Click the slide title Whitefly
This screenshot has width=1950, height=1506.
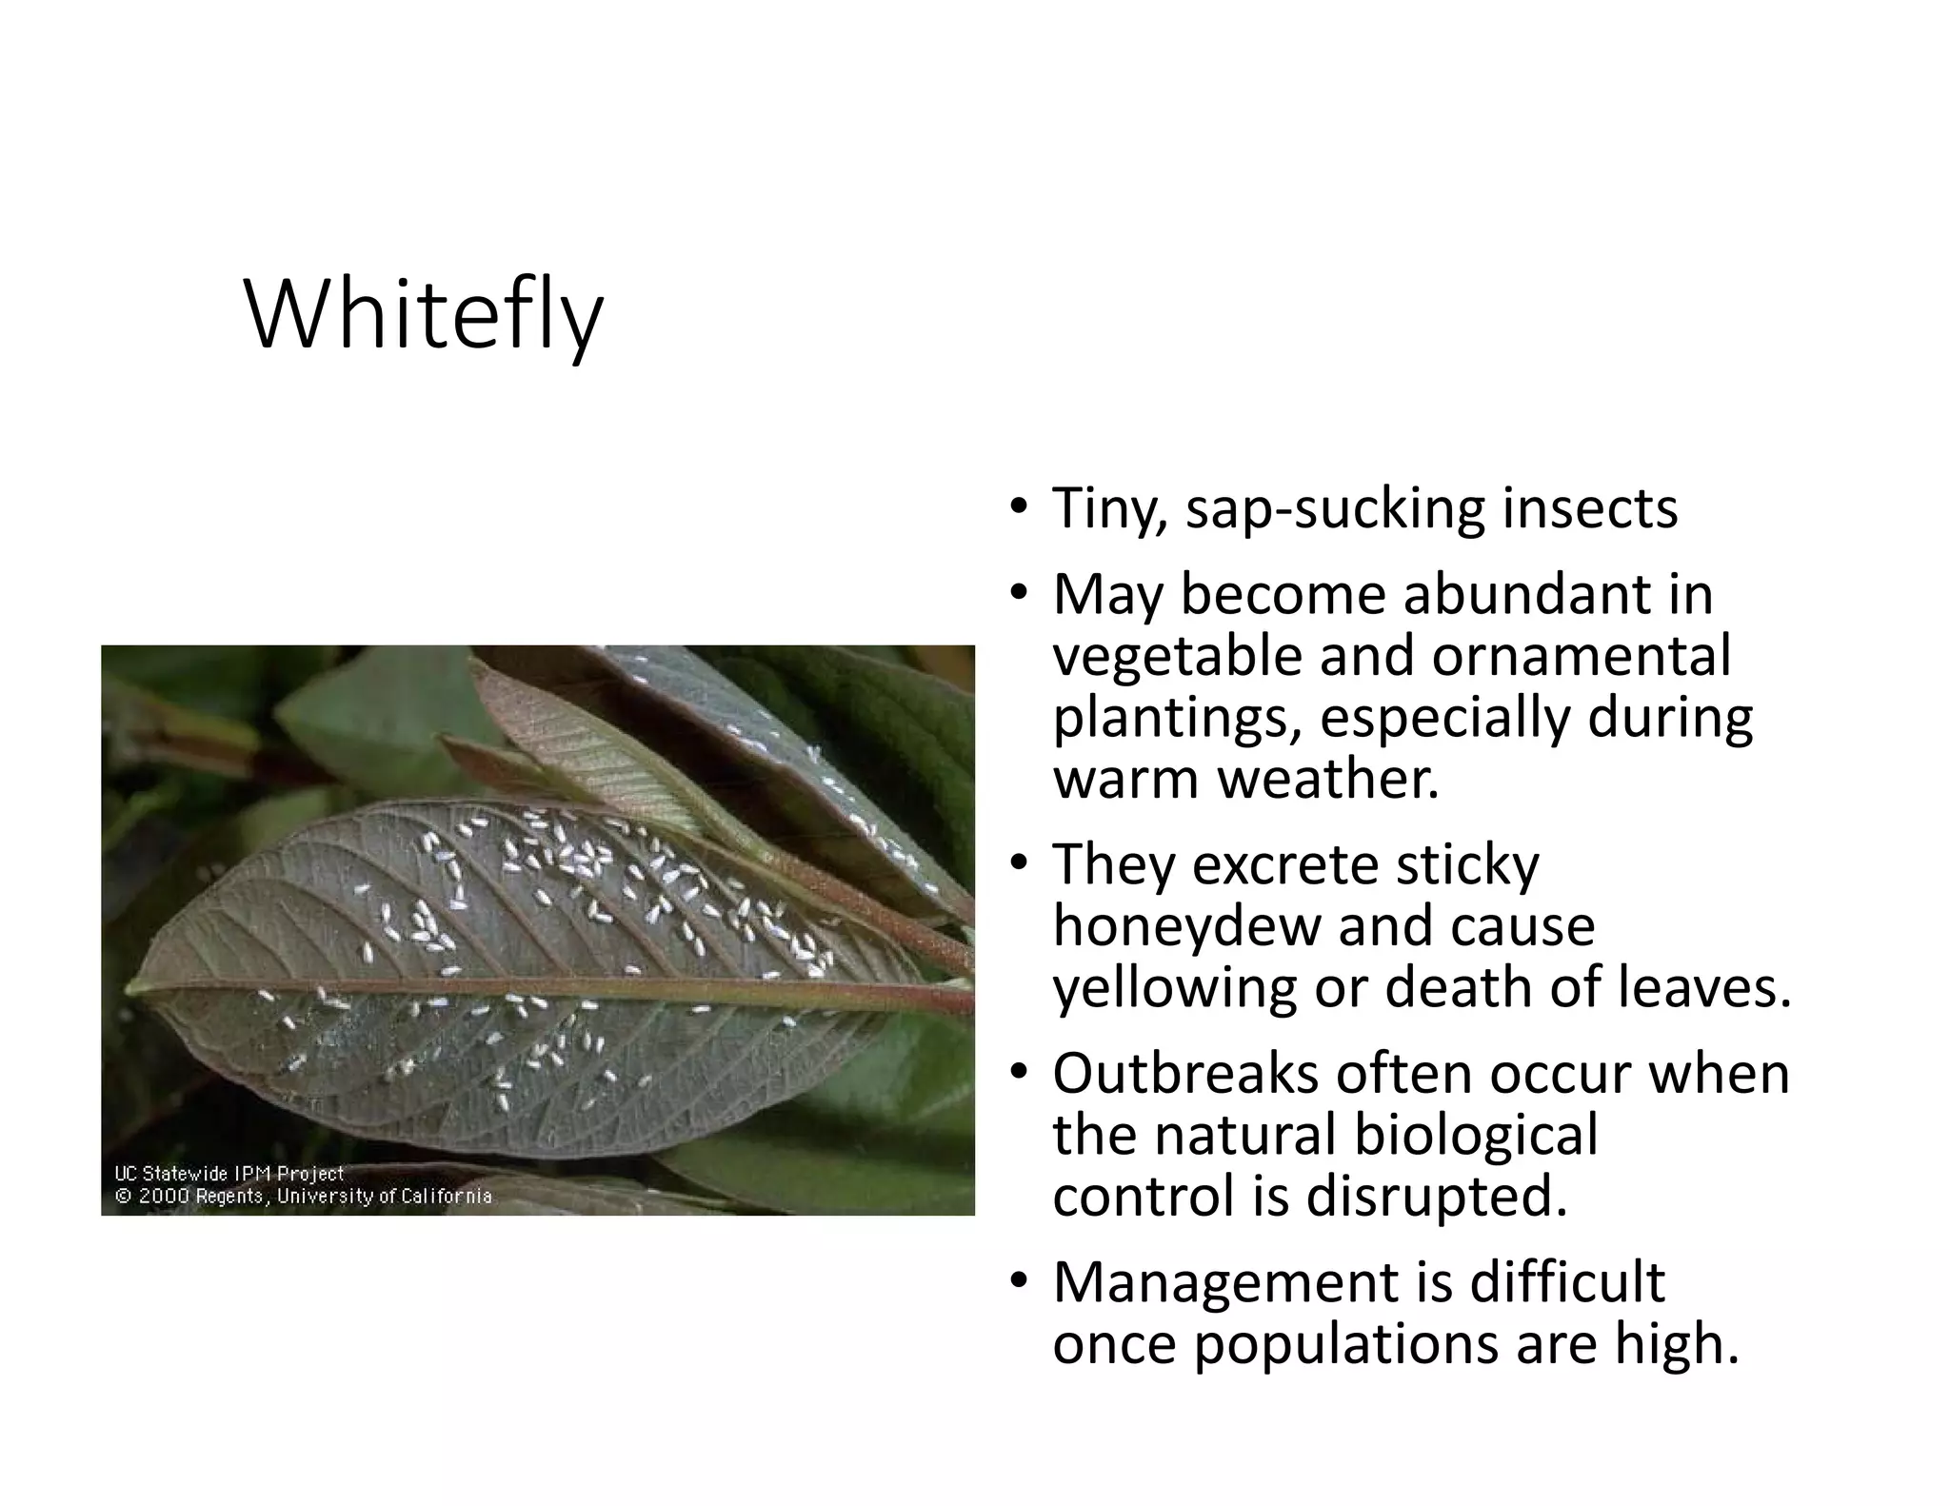click(x=424, y=315)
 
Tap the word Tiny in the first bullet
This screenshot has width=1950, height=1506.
click(x=1108, y=509)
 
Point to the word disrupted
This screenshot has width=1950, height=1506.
click(x=1436, y=1197)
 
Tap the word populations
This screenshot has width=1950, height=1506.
click(x=1345, y=1344)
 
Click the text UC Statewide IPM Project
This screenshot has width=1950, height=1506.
click(x=229, y=1175)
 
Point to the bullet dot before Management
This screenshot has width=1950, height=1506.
click(x=1019, y=1282)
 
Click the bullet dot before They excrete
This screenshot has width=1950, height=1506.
click(x=1019, y=864)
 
